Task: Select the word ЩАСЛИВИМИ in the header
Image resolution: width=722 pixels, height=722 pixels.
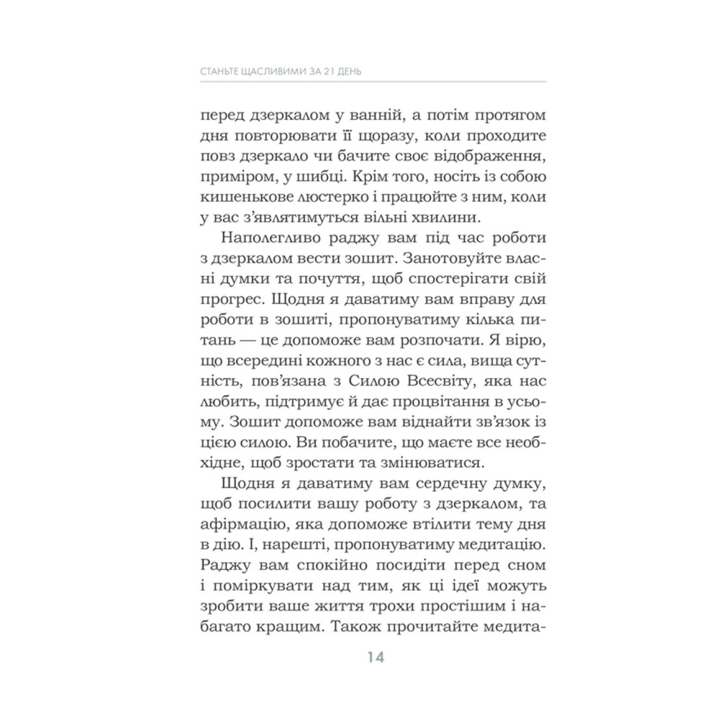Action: click(x=271, y=72)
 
